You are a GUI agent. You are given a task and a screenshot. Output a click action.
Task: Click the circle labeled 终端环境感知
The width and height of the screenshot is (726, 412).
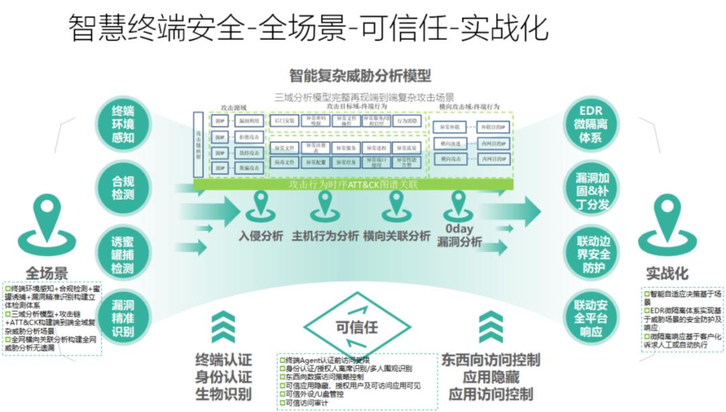pos(124,124)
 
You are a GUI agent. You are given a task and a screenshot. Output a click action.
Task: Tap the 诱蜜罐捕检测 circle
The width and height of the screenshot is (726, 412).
pos(124,254)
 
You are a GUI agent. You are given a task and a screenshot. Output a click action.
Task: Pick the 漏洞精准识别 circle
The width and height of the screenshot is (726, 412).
pos(124,317)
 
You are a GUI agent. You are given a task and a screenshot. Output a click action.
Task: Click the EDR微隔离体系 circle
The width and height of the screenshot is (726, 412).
pos(590,124)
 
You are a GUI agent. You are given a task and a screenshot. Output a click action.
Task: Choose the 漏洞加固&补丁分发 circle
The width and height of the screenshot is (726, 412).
pos(592,189)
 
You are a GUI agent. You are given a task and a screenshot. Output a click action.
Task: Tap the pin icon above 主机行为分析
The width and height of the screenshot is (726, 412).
pos(325,206)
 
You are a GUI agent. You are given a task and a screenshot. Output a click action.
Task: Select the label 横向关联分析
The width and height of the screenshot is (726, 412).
pos(397,237)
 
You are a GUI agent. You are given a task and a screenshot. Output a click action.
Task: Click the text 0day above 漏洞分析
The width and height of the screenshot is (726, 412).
pos(459,229)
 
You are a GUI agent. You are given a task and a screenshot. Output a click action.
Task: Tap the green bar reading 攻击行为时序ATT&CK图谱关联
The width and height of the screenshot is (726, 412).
pos(353,183)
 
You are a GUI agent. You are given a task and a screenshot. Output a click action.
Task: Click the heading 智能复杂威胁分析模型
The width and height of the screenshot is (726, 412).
pos(360,75)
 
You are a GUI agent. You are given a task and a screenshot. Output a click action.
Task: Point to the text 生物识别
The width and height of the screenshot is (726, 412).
pos(223,394)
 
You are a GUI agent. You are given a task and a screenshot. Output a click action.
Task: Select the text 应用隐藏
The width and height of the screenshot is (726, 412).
pos(491,377)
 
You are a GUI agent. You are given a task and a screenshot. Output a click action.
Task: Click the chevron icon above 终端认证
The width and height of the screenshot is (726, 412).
pos(223,327)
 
